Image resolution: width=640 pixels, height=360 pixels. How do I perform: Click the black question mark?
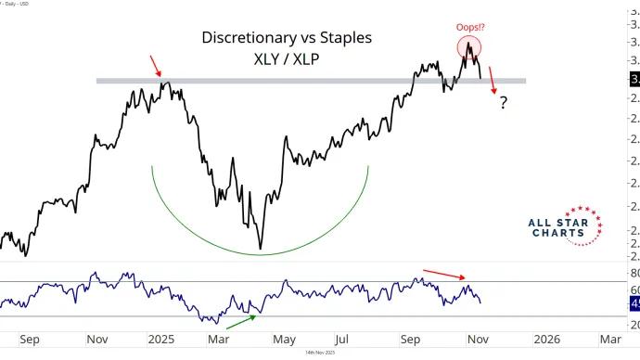[503, 102]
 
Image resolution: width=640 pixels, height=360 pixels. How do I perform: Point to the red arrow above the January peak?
[158, 66]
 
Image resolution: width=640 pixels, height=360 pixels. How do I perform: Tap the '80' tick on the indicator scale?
[634, 273]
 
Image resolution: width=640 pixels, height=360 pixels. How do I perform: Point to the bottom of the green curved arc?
[261, 253]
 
